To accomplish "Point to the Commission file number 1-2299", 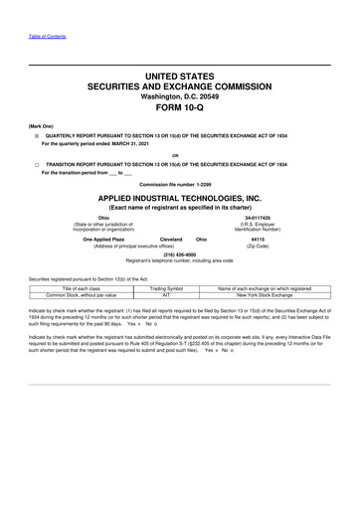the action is [179, 185].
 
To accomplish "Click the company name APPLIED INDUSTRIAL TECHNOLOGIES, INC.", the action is [179, 198].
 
